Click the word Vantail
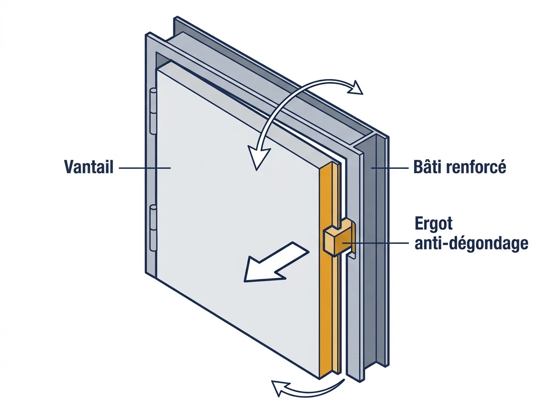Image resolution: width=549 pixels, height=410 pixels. click(89, 167)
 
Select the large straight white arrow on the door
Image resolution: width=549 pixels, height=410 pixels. click(275, 262)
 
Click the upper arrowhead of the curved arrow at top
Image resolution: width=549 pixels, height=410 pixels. click(355, 88)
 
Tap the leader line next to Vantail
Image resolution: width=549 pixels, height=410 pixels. click(145, 168)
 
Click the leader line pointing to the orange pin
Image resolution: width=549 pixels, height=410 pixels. click(375, 243)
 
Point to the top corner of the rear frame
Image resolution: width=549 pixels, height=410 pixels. click(177, 17)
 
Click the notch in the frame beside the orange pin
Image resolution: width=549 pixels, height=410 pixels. click(351, 256)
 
